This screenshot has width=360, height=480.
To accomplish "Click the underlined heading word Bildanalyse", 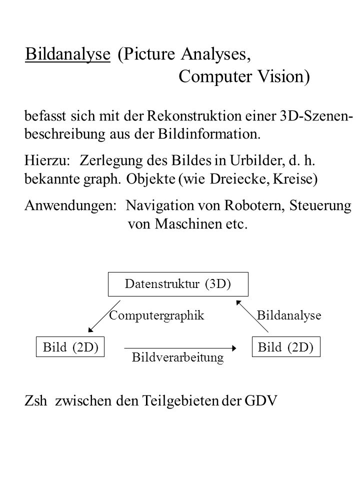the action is tap(67, 54).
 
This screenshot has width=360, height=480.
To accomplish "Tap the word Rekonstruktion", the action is tap(194, 115).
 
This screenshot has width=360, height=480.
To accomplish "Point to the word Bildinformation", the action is tap(209, 134).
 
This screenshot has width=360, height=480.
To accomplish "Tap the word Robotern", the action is tap(255, 205).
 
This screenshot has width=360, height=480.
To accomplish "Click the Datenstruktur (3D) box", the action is tap(178, 284).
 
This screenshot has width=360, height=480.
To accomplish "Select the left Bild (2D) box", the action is tap(70, 347).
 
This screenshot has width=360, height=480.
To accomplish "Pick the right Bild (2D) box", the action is tap(286, 347).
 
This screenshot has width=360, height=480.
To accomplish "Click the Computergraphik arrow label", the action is tap(156, 315).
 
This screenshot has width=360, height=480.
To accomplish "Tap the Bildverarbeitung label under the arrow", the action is tap(178, 357).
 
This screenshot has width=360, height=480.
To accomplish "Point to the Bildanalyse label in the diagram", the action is tap(289, 315).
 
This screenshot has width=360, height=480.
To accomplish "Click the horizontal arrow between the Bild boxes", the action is tap(180, 348).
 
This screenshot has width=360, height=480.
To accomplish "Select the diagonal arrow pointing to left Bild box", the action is tap(104, 316).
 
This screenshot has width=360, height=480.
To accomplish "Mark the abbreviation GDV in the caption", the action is tap(261, 400).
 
